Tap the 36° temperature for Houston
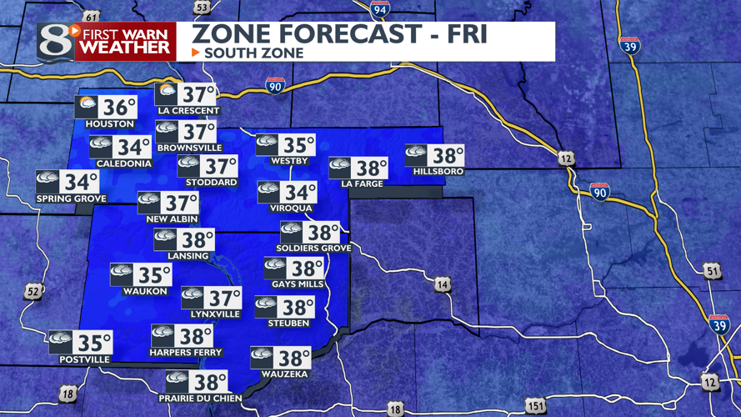coord(119,108)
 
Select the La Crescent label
coord(188,111)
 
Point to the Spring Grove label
coord(72,198)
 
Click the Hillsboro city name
coord(438,172)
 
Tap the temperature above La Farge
coord(372,168)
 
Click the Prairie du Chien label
coord(201,399)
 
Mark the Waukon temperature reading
coord(154,274)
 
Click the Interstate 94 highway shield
coord(380,10)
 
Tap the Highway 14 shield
coord(442,285)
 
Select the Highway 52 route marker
coord(33,291)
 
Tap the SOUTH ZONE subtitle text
coord(253,53)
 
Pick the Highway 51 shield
coord(711,270)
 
